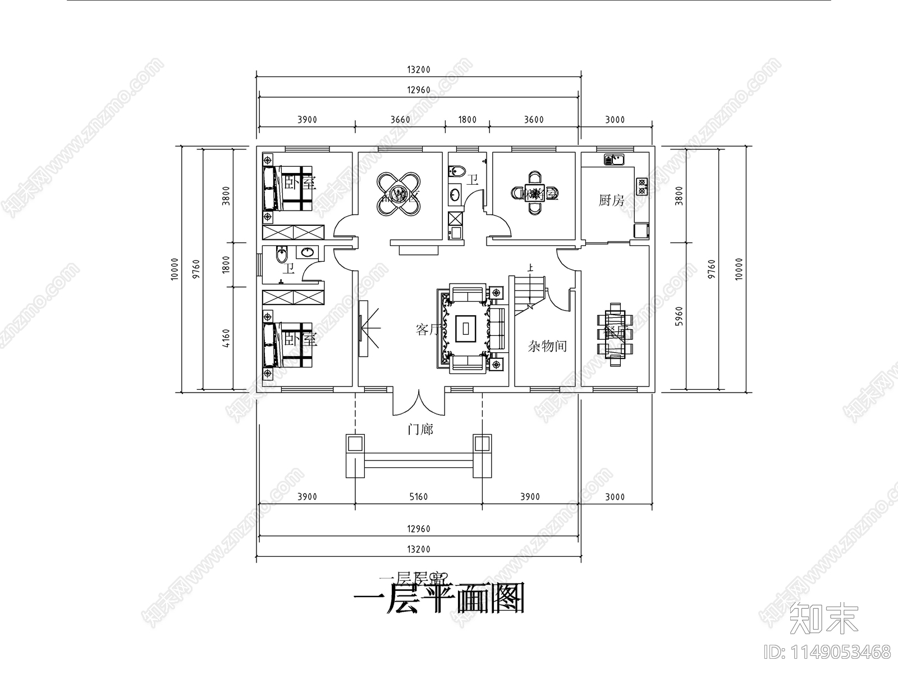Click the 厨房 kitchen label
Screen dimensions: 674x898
click(x=611, y=200)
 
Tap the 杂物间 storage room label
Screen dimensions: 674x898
click(x=547, y=346)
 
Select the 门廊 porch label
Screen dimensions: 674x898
click(x=420, y=430)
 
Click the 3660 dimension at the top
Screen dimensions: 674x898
click(x=400, y=120)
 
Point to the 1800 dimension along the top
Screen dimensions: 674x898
click(x=467, y=120)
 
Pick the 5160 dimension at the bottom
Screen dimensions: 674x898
click(x=418, y=497)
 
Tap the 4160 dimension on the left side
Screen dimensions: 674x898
click(x=227, y=338)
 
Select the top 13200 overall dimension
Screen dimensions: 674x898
click(x=418, y=70)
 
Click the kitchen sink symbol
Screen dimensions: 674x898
click(x=614, y=160)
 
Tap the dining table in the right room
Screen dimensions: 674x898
click(x=615, y=334)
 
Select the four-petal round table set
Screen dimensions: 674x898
click(x=399, y=193)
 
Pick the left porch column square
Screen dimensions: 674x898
click(x=355, y=444)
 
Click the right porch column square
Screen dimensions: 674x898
click(x=482, y=444)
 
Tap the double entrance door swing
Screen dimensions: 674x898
click(x=419, y=403)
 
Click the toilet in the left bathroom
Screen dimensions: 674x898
click(x=282, y=256)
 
